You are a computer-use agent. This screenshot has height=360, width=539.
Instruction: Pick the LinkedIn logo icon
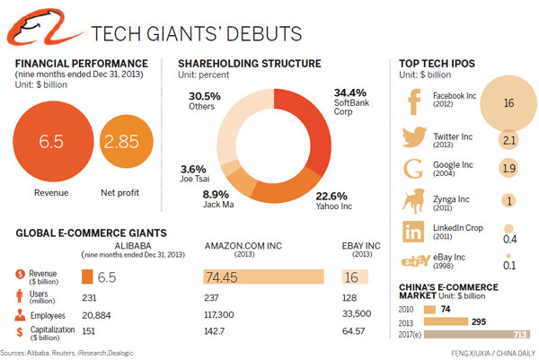(414, 231)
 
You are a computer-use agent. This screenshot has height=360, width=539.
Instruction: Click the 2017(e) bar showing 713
(476, 335)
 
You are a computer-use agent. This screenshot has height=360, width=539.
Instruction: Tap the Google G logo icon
(414, 167)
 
